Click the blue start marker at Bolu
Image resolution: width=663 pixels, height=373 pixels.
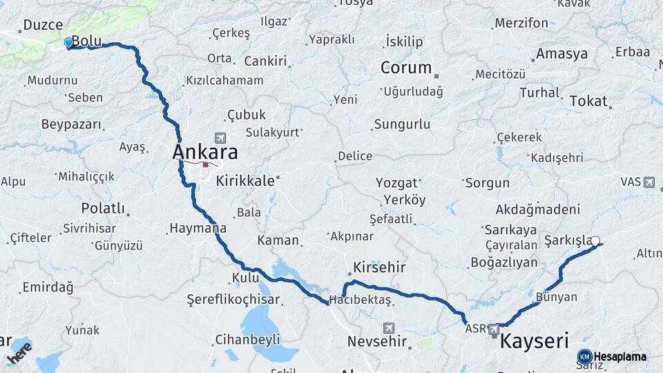coord(68,43)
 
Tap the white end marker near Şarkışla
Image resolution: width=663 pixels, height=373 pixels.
coord(595,241)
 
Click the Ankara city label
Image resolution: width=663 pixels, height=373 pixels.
coord(205,152)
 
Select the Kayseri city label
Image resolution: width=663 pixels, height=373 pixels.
coord(534,341)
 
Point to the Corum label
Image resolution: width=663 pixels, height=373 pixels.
coord(406,68)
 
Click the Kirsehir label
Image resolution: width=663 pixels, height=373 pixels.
coord(378,267)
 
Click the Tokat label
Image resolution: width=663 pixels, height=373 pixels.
coord(588,101)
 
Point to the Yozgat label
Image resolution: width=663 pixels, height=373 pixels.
coord(397,183)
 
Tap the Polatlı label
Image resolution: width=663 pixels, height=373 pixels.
coord(103,208)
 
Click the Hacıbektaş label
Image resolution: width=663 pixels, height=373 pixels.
coord(360,300)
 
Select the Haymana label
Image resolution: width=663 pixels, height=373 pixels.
coord(198,228)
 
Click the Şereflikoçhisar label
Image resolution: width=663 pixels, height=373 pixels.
coord(233,300)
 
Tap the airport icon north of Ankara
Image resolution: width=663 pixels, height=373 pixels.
coord(220,137)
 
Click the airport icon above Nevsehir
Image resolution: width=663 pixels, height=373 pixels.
coord(389,327)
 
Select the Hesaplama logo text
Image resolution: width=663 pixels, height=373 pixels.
coord(619,356)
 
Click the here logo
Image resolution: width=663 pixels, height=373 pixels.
coord(19,352)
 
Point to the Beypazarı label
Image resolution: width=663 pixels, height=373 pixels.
coord(71,125)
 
